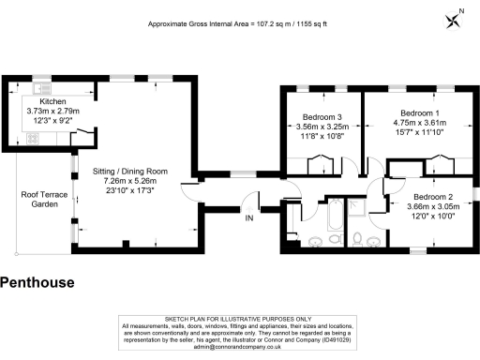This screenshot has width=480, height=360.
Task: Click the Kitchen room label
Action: pos(52,101)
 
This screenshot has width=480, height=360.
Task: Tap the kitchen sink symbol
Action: pos(41,88)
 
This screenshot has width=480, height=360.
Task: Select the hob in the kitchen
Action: pos(33,139)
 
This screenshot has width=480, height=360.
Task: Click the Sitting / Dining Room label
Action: pos(130,172)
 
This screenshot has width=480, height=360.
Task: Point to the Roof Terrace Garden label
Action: pos(44,200)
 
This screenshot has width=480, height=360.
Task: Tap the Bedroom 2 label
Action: pos(433,197)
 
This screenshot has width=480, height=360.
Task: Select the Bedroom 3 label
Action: pos(322,117)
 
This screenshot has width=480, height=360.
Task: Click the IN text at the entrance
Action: pos(249,218)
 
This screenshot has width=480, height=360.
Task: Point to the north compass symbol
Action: pos(453,22)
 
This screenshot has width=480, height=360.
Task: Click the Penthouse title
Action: pos(37,282)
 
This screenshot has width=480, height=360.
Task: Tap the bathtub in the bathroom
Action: pos(335,215)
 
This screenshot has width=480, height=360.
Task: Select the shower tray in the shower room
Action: pos(357,207)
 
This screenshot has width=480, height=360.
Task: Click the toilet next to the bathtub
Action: pos(336,239)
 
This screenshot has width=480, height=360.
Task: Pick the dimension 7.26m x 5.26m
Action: pos(130,181)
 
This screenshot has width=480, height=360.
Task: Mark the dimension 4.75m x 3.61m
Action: pos(420,123)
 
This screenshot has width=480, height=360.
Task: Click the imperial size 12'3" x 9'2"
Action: pos(52,121)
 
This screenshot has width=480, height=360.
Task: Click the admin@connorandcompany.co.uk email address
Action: pos(237,347)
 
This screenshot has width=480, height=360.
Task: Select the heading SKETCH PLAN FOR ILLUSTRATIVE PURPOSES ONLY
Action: pos(238,319)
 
